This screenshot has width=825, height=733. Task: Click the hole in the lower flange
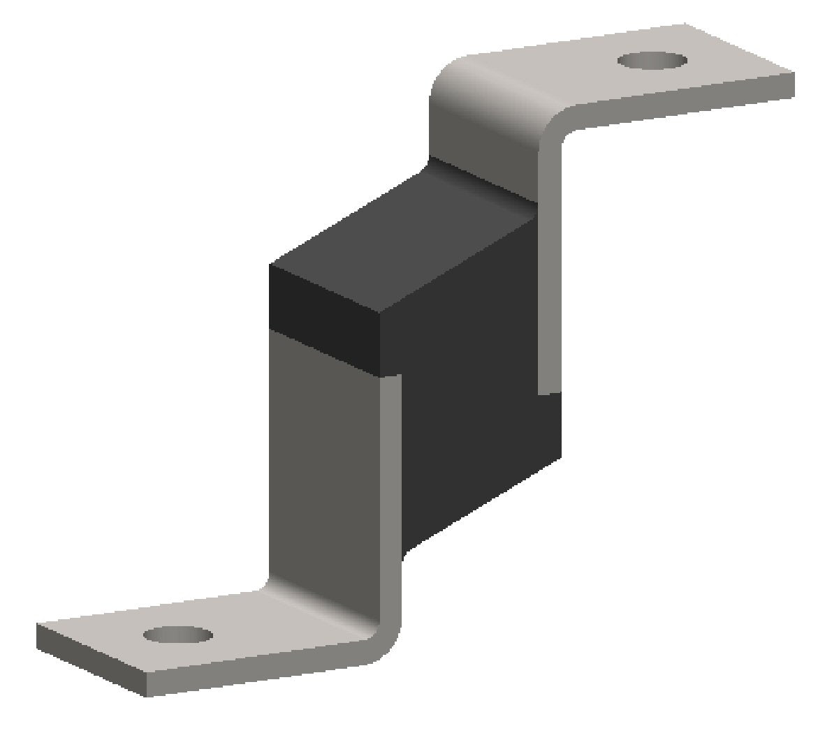point(177,635)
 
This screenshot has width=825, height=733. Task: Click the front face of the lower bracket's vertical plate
point(321,461)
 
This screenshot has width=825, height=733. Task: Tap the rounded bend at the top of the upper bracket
point(482,98)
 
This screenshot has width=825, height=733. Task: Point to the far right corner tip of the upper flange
point(794,73)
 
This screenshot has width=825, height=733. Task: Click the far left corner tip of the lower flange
point(38,627)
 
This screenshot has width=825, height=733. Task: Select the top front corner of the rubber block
point(270,265)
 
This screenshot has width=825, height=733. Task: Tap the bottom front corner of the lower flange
point(145,695)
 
